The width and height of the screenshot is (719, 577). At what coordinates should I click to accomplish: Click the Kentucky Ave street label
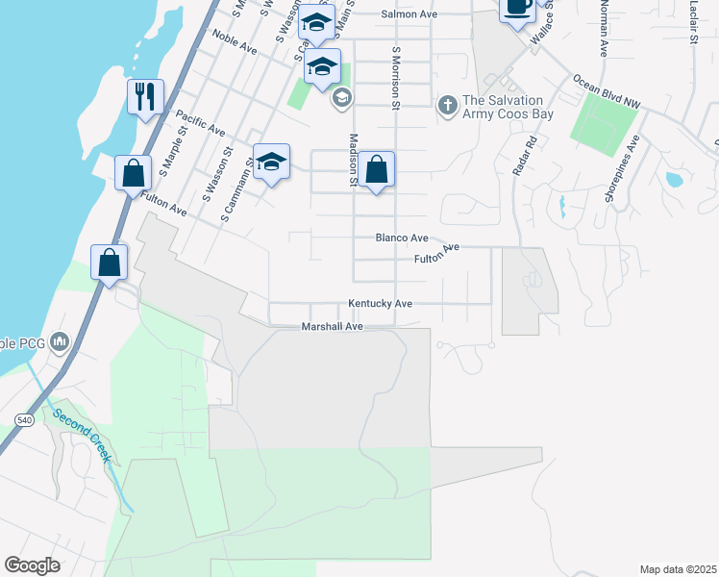click(380, 304)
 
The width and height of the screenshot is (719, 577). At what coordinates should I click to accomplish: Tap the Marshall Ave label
click(332, 327)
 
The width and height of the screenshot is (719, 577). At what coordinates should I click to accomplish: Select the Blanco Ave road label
click(402, 238)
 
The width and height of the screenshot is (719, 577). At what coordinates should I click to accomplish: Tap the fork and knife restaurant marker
click(145, 97)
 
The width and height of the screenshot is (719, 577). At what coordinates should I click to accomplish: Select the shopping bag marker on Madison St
click(377, 170)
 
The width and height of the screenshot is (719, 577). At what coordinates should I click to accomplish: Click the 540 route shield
click(25, 420)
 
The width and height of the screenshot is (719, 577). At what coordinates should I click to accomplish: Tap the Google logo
click(32, 565)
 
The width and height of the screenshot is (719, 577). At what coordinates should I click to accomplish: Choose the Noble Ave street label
click(235, 42)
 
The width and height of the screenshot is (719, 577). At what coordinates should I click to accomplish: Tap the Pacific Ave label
click(200, 122)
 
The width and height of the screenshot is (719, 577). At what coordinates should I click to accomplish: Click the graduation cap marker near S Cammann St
click(271, 163)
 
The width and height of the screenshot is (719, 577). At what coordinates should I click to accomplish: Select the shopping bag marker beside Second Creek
click(110, 263)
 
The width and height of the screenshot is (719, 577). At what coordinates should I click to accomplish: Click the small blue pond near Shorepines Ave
click(674, 179)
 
